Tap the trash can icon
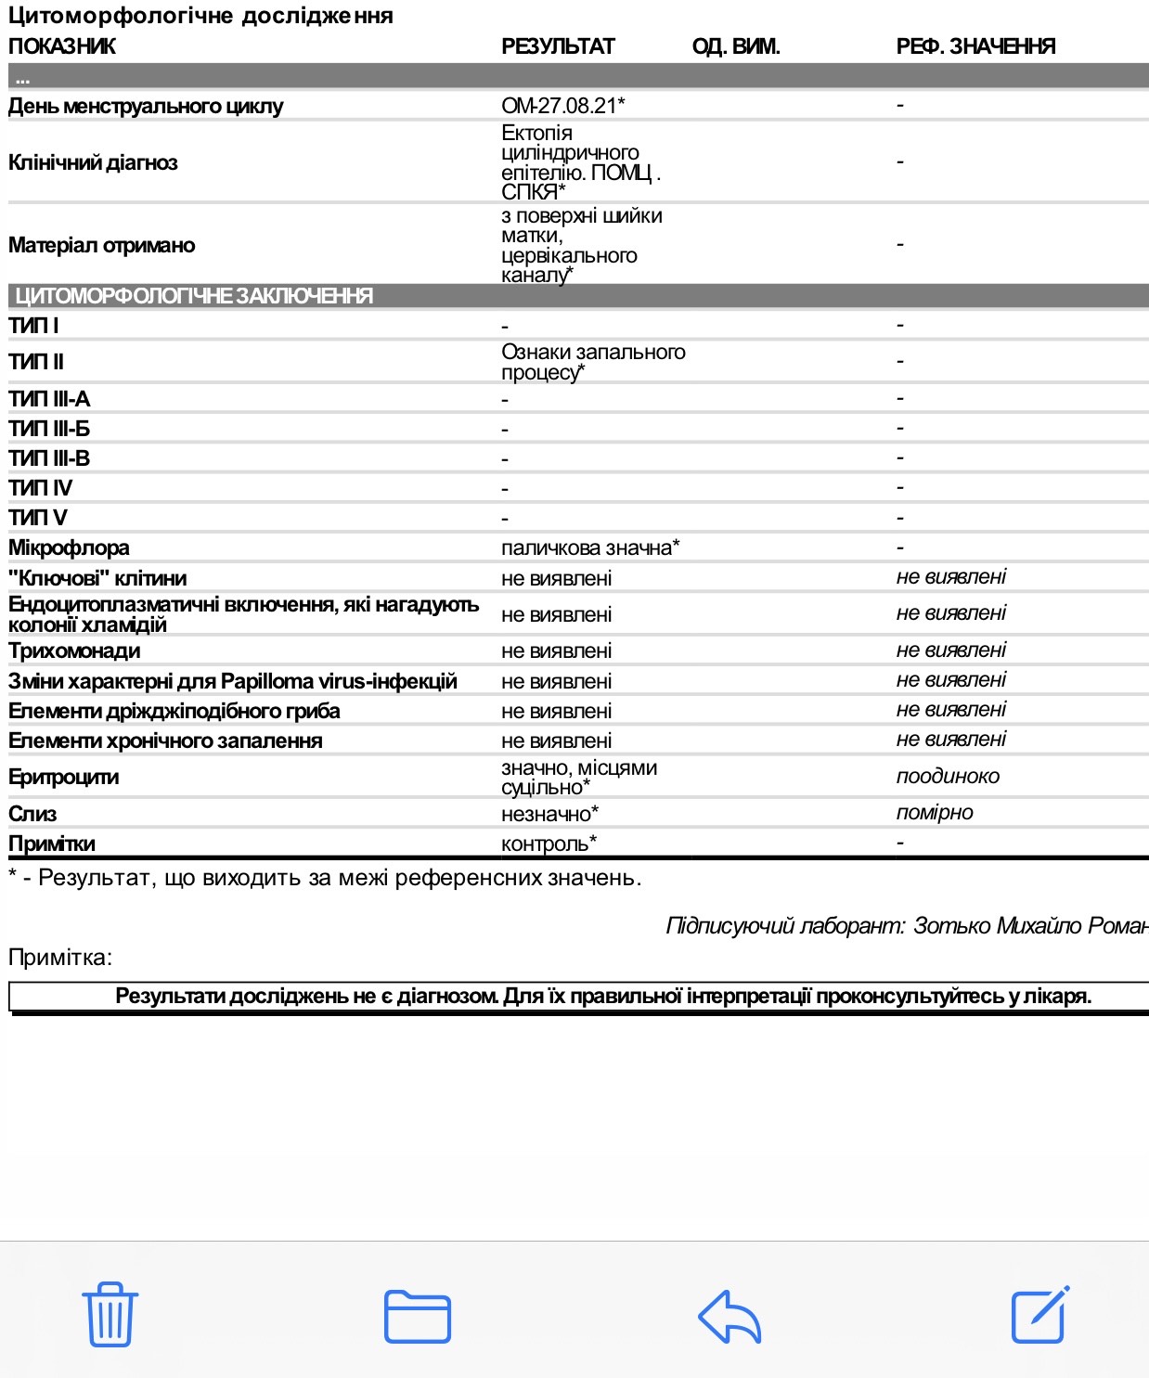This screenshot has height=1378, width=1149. coord(110,1314)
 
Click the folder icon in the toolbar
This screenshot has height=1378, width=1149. coord(418,1316)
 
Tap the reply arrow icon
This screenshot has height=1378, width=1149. coord(729,1316)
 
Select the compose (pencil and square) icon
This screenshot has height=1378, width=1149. coord(1039,1314)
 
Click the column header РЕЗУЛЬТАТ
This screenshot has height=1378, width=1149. coord(558,46)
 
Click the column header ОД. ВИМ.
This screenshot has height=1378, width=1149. coord(736,46)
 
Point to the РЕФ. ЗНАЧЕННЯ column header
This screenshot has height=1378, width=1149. coord(975,46)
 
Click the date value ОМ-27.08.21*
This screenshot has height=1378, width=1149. coord(562,106)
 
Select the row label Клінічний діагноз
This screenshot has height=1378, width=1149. coord(93,162)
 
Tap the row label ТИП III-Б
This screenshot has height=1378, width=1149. coord(49,429)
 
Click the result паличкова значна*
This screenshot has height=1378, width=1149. coord(590,547)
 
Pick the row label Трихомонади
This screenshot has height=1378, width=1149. coord(74,650)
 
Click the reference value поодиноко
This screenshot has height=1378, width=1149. coord(948,777)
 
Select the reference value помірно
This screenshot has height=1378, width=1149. coord(935,813)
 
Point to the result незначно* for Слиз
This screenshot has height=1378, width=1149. coord(549,814)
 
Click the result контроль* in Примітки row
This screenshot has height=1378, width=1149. coord(549,844)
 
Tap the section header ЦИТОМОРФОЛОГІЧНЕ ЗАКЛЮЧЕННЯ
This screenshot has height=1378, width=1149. coord(194,296)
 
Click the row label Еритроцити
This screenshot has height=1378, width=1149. coord(63,777)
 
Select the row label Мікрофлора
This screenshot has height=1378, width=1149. coord(69,547)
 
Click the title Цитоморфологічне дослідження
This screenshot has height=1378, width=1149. coord(200,16)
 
